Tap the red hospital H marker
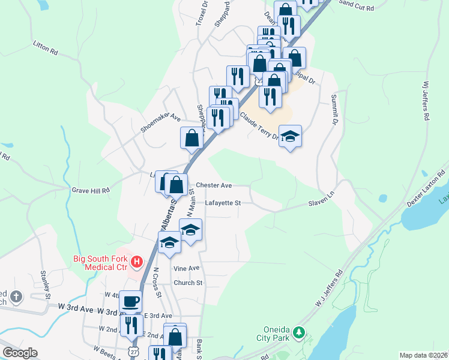(x=137, y=261)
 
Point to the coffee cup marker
(x=130, y=301)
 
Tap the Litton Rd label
(x=46, y=48)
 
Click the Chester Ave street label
(x=214, y=185)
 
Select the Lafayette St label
(x=222, y=203)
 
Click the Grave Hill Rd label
(x=91, y=190)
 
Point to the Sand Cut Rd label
(x=356, y=6)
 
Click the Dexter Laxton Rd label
(x=426, y=189)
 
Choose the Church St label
(x=188, y=283)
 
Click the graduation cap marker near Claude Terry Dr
(x=290, y=136)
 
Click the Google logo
(x=20, y=353)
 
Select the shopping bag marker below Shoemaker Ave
(x=191, y=137)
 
